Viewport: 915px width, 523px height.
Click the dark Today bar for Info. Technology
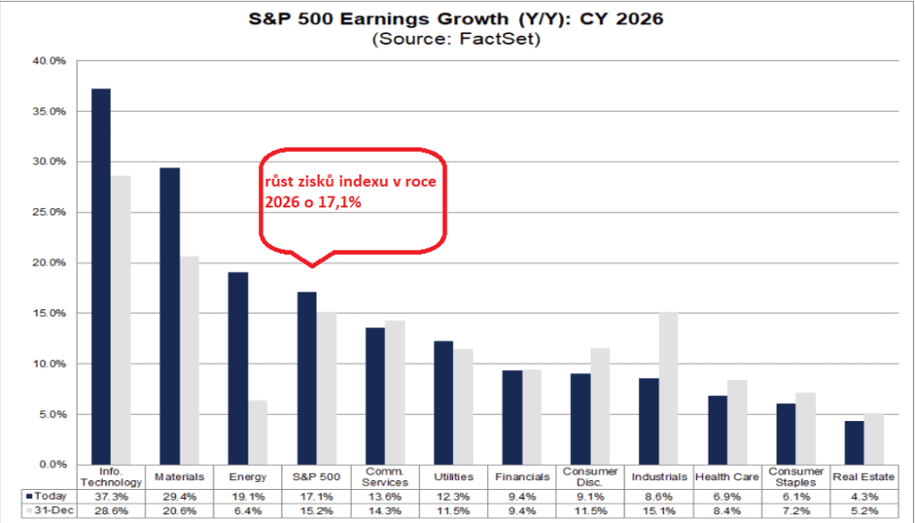101,277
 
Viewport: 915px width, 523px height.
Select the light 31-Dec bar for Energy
257,432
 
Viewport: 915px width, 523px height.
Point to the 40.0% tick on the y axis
49,61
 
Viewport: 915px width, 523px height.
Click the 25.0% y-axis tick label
49,213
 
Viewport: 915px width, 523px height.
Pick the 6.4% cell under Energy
248,510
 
